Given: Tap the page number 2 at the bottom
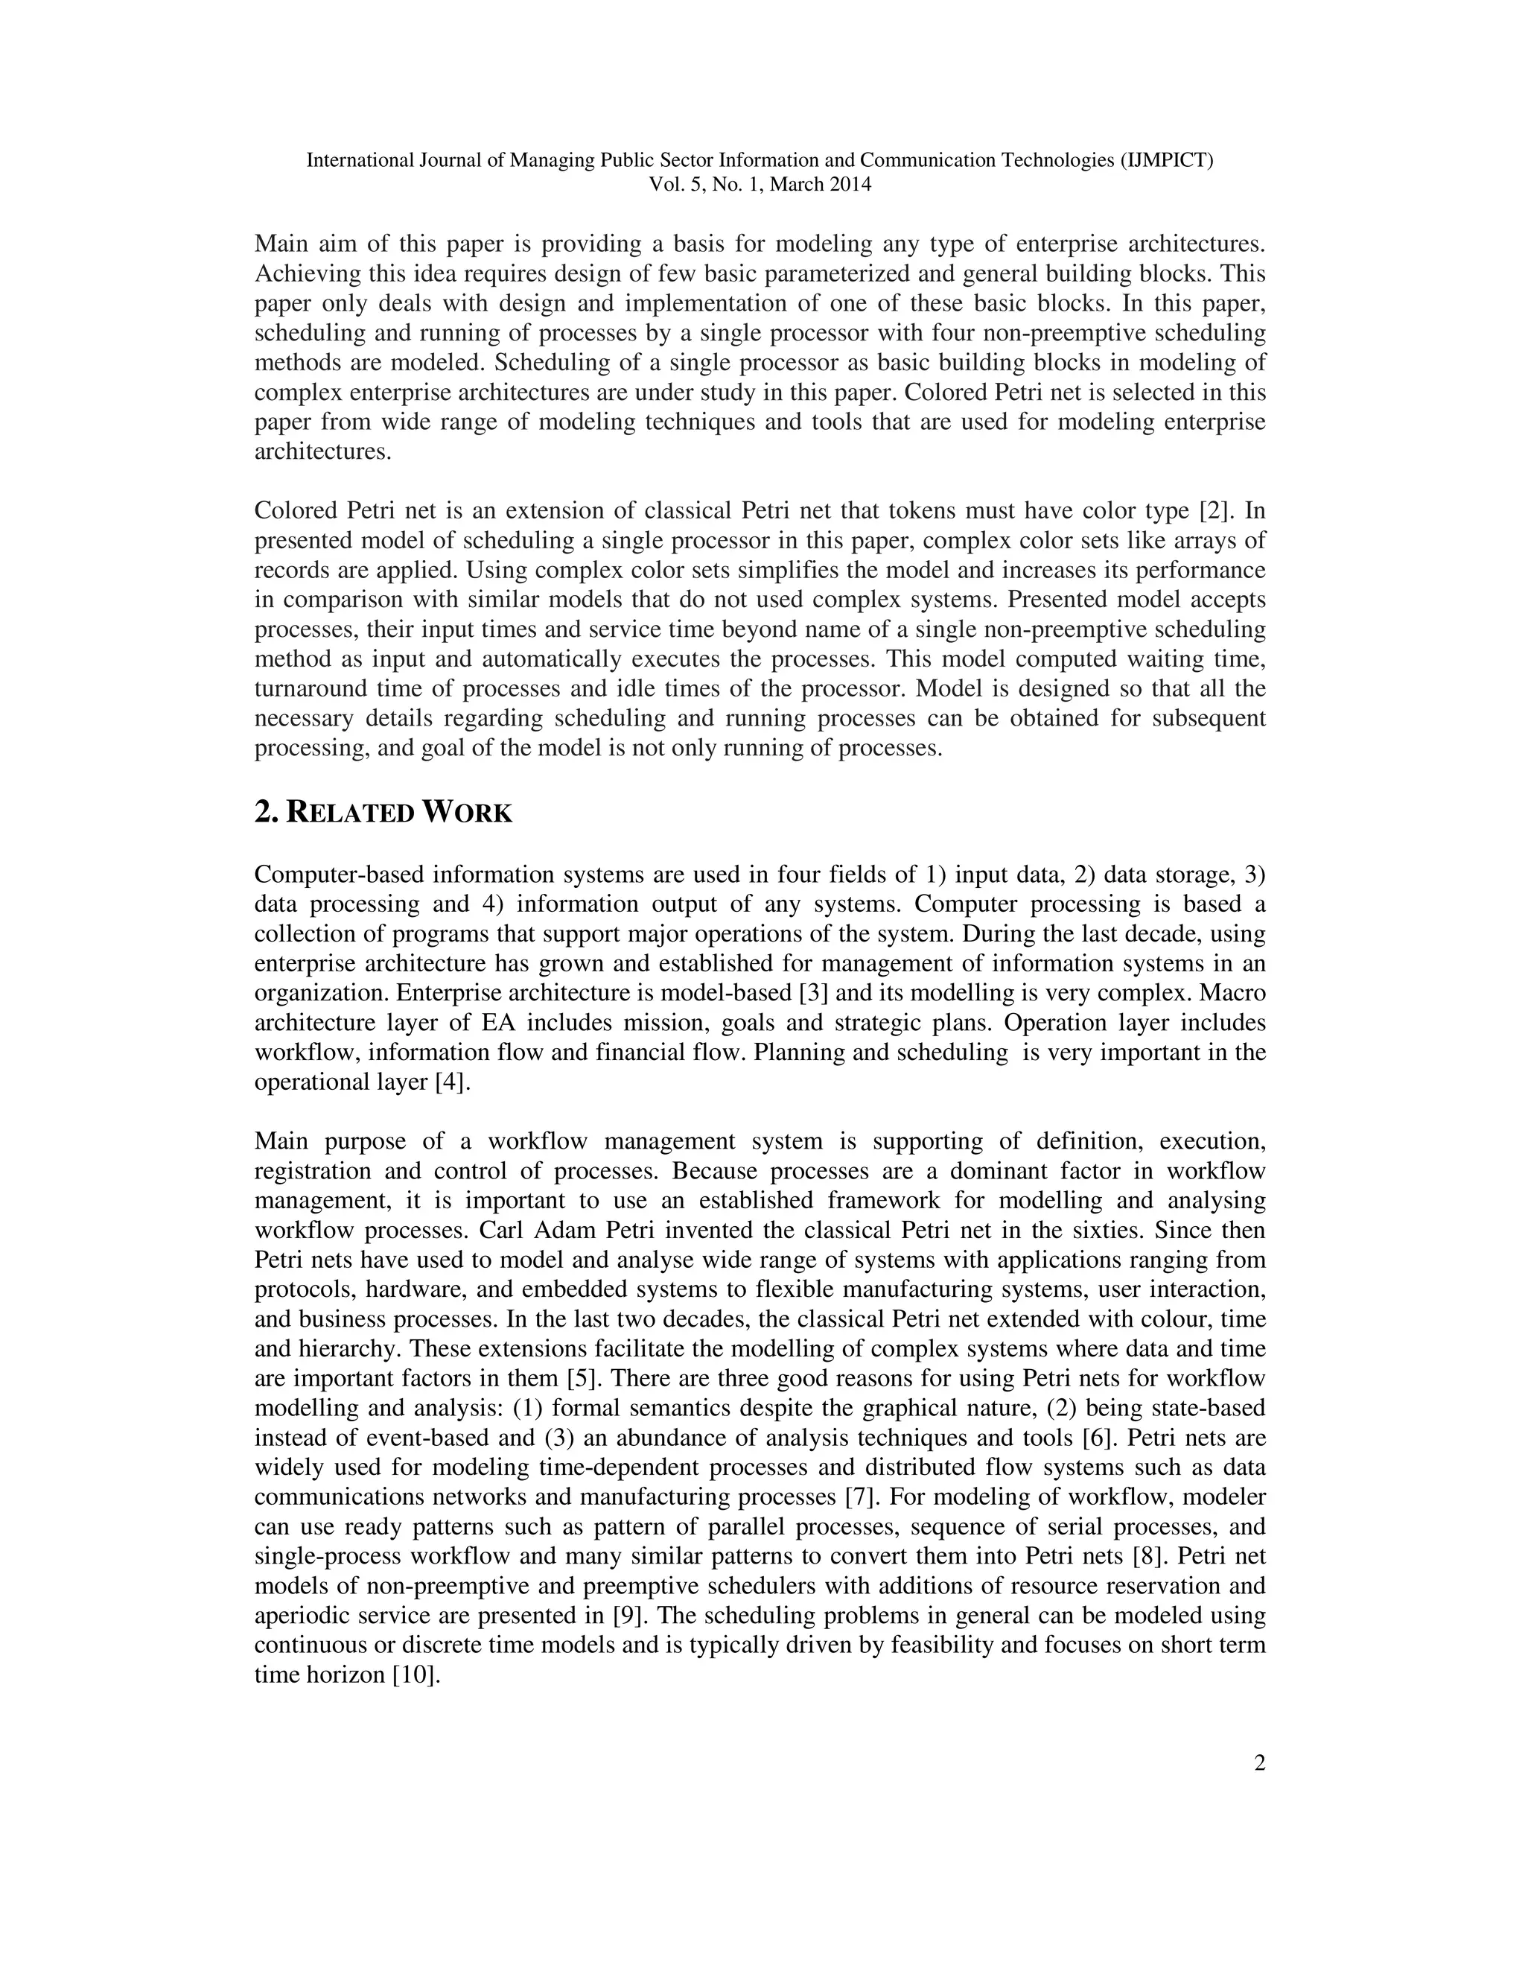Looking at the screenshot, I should click(x=1259, y=1763).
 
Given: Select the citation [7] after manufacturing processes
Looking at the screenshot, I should click(x=856, y=1497).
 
